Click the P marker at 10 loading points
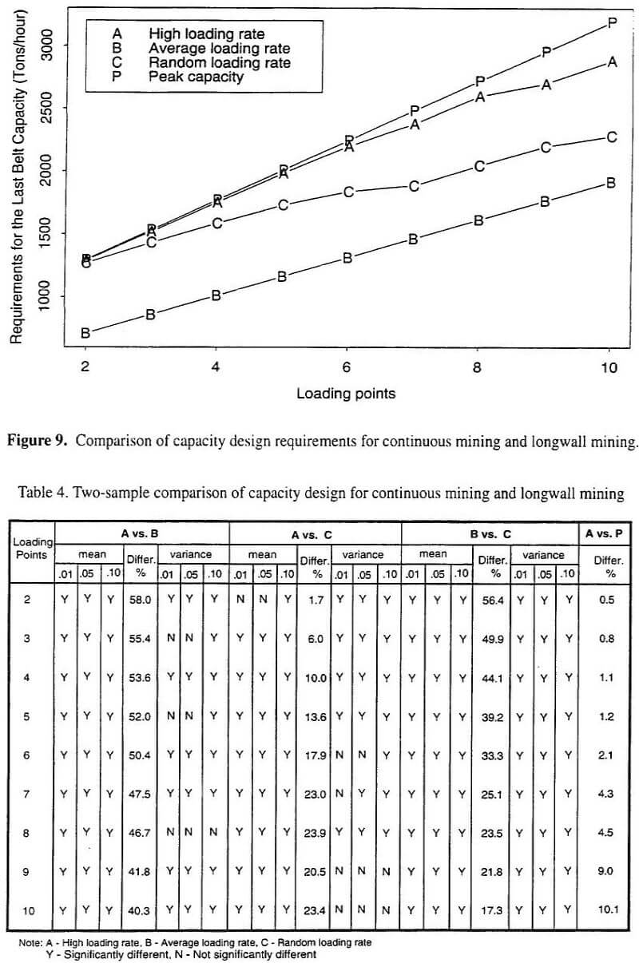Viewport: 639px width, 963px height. point(613,22)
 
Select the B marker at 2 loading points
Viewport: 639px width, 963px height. point(85,333)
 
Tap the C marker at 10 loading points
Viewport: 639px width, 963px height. point(612,137)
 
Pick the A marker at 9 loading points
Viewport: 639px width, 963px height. point(546,85)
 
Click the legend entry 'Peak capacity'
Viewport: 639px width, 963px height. point(196,77)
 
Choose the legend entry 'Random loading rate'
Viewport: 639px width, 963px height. point(220,63)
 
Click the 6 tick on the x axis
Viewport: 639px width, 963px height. point(346,367)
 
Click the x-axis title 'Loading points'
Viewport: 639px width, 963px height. point(346,393)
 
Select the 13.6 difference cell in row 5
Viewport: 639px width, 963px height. point(316,716)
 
